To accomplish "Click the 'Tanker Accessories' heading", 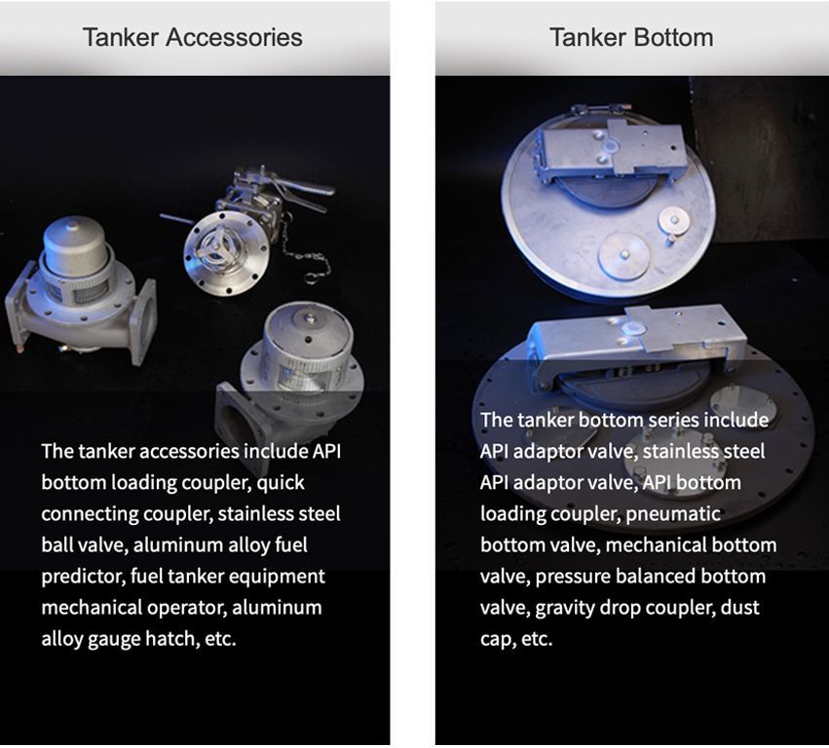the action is click(x=193, y=38).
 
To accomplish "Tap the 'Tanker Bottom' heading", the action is click(x=631, y=38).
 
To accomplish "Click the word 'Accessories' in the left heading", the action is click(x=234, y=38).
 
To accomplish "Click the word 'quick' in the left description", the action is click(x=281, y=483).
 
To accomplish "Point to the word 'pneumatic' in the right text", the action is click(x=673, y=514).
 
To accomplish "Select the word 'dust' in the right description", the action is click(x=740, y=608).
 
